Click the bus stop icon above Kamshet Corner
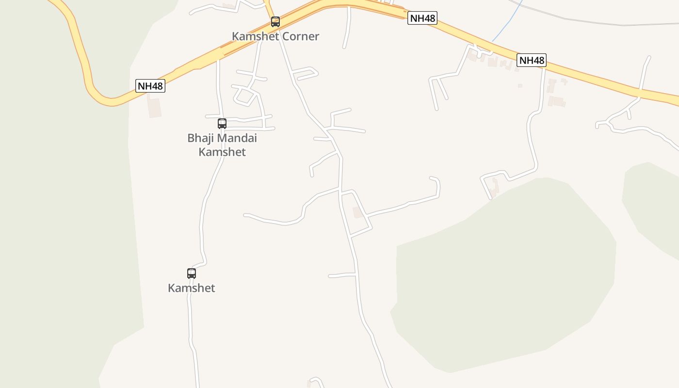tap(275, 22)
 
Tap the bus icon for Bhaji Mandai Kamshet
tap(222, 123)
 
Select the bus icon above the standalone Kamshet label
tap(192, 273)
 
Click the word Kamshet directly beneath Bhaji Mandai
tap(222, 152)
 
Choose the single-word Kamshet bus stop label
tap(192, 288)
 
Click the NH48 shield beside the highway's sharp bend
tap(150, 86)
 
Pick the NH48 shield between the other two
tap(422, 18)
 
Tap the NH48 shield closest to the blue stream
tap(532, 60)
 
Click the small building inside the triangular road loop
tap(358, 212)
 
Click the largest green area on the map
tap(504, 276)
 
